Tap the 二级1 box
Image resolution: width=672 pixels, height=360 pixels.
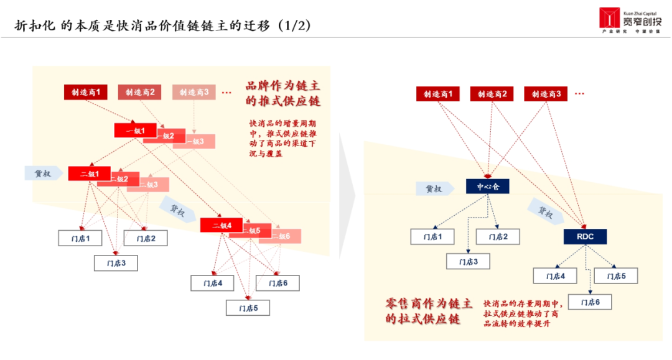pyautogui.click(x=90, y=173)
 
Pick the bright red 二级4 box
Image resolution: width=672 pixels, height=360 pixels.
pyautogui.click(x=221, y=225)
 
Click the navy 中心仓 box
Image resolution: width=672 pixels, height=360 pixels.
pyautogui.click(x=488, y=186)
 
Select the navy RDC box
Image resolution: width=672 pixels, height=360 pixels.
pyautogui.click(x=585, y=237)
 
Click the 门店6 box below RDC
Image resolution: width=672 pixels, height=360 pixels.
pyautogui.click(x=590, y=302)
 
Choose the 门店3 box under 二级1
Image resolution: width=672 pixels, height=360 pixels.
pyautogui.click(x=115, y=263)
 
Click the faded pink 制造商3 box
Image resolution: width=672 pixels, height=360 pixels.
pyautogui.click(x=194, y=92)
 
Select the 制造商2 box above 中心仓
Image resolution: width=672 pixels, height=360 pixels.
pyautogui.click(x=492, y=94)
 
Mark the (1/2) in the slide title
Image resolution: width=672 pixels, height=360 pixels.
pyautogui.click(x=294, y=25)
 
